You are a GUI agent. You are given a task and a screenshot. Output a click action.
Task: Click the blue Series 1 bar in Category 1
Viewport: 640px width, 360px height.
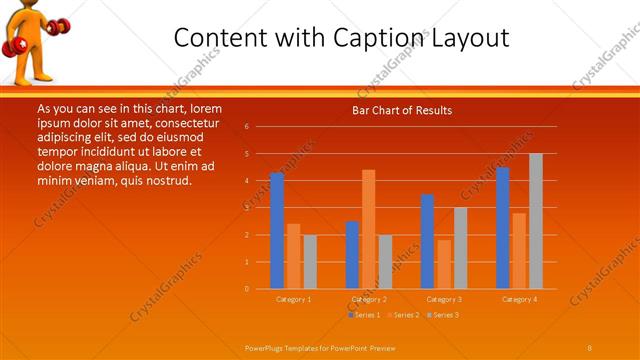(277, 230)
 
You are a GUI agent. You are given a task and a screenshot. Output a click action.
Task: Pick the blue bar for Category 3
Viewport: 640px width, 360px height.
(427, 241)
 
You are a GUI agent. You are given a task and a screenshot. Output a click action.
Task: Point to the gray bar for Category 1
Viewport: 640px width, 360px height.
(310, 261)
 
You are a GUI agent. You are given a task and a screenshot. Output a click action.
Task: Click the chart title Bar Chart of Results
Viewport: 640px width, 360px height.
(402, 110)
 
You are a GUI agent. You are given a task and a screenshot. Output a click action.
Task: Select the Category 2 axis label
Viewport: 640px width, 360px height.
(369, 299)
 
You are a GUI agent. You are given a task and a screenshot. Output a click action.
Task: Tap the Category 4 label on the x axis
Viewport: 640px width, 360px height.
(519, 299)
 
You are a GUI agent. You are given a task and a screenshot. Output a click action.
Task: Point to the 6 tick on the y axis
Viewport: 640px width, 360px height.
(246, 127)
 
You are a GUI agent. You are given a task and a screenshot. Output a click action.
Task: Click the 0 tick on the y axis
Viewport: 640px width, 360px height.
(246, 288)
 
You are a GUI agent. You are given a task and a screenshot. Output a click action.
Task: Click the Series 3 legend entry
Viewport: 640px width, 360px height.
(443, 315)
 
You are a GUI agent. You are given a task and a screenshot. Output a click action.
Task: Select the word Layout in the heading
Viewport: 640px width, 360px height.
(472, 38)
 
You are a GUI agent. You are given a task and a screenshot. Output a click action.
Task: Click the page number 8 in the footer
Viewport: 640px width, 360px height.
(590, 346)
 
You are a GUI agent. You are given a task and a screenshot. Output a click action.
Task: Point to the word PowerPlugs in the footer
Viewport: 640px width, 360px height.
(266, 346)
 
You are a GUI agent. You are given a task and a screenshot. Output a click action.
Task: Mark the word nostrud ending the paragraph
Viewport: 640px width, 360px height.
(167, 180)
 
